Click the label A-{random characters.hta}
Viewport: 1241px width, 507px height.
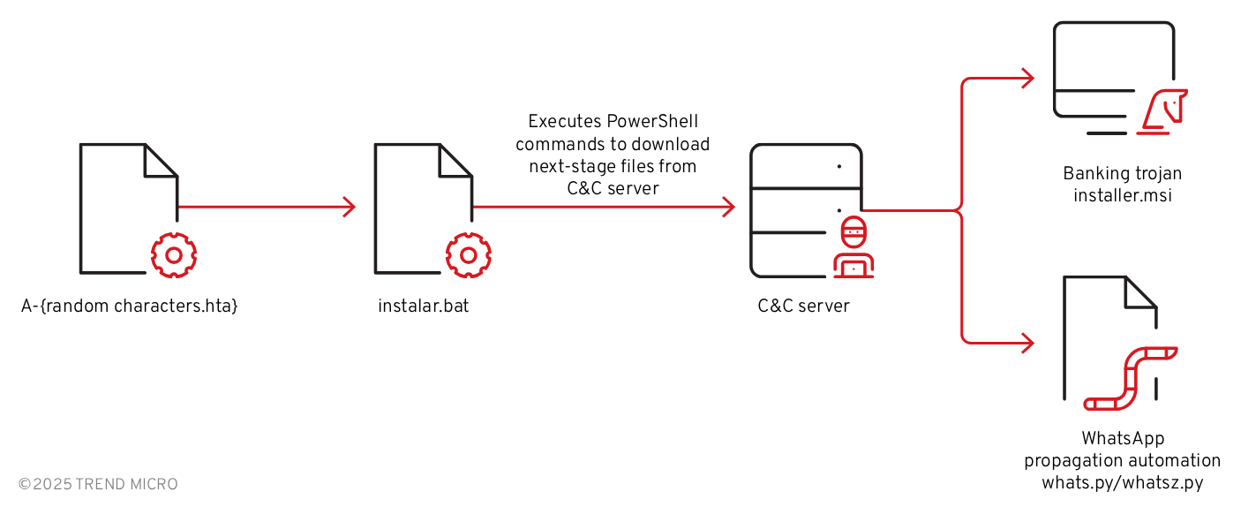[130, 306]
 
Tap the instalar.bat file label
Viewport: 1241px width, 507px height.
[424, 306]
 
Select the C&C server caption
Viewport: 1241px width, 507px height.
[803, 306]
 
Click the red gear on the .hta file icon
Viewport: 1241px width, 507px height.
[174, 255]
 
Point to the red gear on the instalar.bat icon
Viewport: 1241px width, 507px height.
[469, 255]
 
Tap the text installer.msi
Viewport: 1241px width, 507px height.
[1123, 195]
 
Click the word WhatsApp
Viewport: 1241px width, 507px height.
[1123, 438]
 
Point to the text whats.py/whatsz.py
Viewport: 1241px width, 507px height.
[1123, 482]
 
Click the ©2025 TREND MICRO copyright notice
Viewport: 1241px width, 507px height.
[98, 484]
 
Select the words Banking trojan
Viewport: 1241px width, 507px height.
[1123, 173]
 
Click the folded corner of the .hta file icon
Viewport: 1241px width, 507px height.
[162, 159]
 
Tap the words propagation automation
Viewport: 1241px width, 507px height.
[1123, 460]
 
